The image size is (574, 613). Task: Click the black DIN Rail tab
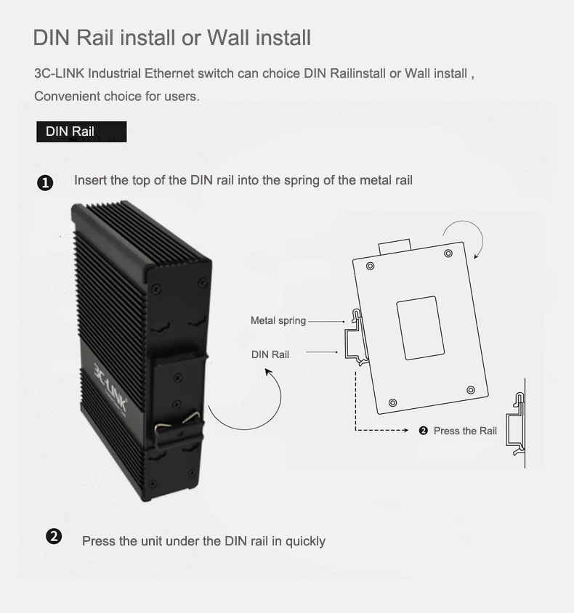[81, 131]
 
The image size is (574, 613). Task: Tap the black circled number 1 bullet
[45, 182]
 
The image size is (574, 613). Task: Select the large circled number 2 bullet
[54, 537]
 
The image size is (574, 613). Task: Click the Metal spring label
[278, 320]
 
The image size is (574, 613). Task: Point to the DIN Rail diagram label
[270, 354]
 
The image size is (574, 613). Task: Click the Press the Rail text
[465, 431]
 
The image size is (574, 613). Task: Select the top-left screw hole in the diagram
[371, 267]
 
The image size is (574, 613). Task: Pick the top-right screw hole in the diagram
[448, 253]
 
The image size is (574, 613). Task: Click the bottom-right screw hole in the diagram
[470, 389]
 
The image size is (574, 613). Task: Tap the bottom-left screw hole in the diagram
[393, 402]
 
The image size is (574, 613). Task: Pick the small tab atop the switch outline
[395, 245]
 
